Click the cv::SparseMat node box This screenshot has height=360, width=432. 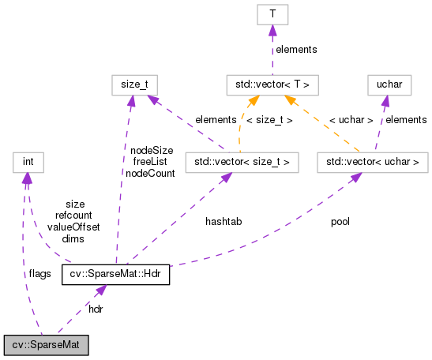coord(46,345)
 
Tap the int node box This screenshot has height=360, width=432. coord(28,163)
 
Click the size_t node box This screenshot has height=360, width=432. coord(134,84)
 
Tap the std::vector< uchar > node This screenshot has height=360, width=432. coord(371,163)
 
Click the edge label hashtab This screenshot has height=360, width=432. coord(224,222)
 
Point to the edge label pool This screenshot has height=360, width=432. coord(340,222)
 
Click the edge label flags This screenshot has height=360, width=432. coord(39,274)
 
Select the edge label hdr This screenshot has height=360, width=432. coord(96,309)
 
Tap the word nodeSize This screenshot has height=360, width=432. coord(152,149)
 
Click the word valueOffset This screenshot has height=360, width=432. coord(73,227)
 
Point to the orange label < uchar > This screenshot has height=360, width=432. coord(351,120)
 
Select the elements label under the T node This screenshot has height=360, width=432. coord(295,49)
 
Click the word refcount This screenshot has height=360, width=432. coord(73,215)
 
